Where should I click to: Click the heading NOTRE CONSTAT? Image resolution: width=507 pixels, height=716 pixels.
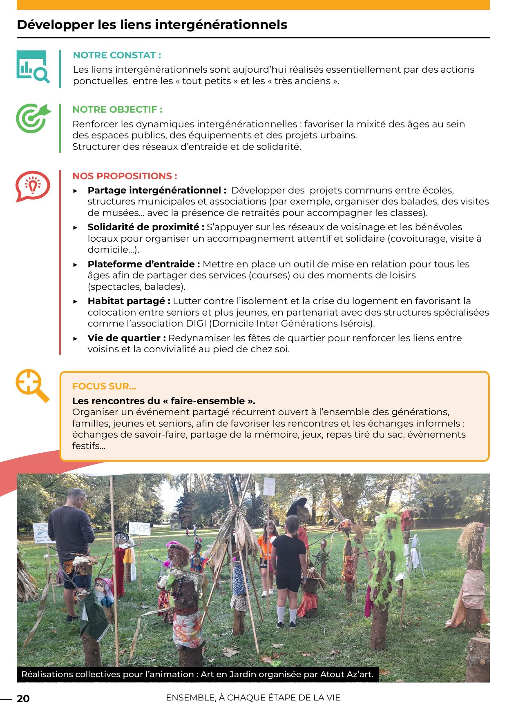(117, 55)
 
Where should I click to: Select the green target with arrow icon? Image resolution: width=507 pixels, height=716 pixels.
(33, 118)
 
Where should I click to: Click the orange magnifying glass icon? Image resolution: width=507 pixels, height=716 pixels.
(32, 385)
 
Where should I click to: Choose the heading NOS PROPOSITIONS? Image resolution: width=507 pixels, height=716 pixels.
(125, 176)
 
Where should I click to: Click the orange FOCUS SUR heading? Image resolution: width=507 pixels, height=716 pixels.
(104, 386)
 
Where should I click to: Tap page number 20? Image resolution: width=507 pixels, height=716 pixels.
(23, 698)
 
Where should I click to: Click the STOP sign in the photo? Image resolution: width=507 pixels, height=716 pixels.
(139, 528)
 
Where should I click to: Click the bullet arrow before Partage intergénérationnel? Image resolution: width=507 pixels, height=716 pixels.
(76, 191)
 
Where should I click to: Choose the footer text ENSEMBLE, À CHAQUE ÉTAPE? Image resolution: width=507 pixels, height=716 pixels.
(253, 698)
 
